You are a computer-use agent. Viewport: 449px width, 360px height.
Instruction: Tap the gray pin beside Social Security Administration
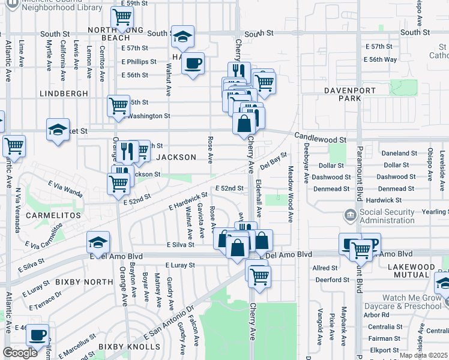pos(350,215)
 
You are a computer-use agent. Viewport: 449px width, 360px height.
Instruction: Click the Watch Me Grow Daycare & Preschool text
pos(411,302)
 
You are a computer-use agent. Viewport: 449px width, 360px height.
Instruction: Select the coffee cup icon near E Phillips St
pos(193,63)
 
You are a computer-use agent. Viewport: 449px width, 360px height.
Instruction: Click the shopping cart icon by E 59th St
pos(122,17)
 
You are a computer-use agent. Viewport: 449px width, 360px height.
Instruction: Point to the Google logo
pos(20,353)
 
